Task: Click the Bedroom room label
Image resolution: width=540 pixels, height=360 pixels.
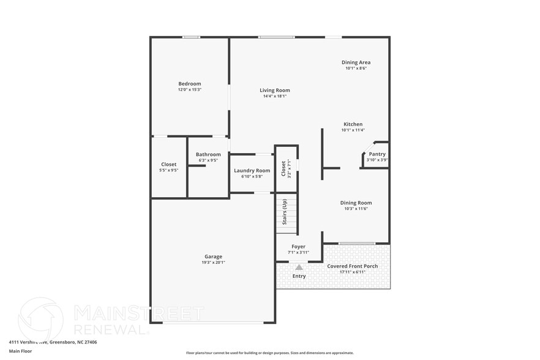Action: coord(189,84)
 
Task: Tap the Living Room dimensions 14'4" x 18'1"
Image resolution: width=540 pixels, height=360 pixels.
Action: coord(274,96)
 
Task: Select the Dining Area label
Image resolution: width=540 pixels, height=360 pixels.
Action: coord(356,62)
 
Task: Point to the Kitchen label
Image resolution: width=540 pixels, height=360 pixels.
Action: coord(353,124)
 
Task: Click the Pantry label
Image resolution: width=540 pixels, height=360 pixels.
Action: coord(377,154)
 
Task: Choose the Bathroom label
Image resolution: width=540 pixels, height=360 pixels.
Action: coord(208,155)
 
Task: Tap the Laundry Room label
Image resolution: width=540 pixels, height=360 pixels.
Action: coord(252,171)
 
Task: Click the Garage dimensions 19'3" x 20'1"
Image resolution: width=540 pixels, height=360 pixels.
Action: coord(213,263)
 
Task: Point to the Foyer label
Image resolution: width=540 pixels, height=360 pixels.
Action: coord(298,247)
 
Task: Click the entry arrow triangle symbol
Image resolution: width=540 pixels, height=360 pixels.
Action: coord(299,267)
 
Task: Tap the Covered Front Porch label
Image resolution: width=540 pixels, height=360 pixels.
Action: coord(352,266)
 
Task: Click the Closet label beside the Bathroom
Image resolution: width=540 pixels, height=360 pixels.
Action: coord(169,164)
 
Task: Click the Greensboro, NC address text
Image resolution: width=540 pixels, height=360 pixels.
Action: coord(53,342)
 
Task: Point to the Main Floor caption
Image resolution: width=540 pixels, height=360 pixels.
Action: coord(20,351)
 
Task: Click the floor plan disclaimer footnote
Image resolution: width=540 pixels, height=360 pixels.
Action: coord(269,353)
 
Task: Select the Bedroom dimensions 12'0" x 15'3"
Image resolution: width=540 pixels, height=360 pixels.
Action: coord(189,90)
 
